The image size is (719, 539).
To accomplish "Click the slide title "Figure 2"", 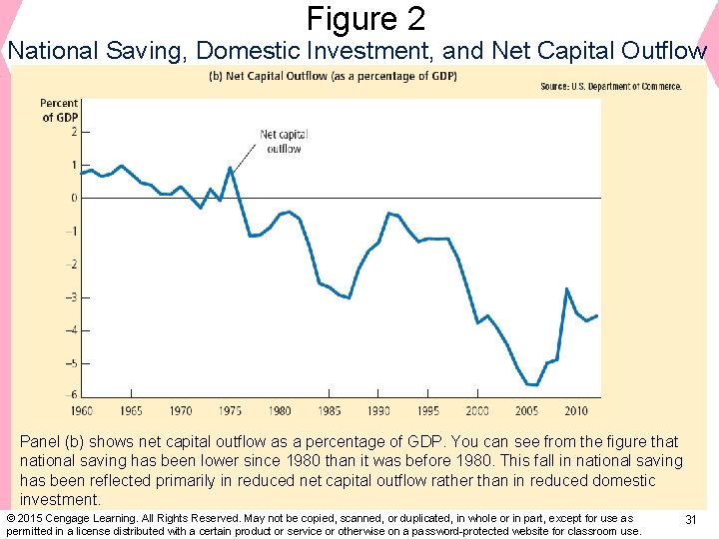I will pos(365,19).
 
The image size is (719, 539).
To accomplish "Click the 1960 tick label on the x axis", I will pos(82,410).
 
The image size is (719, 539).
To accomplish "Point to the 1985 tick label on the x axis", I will pos(330,410).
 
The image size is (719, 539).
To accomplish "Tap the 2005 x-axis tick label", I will pos(526,410).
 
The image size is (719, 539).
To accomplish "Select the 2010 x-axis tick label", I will pos(576,410).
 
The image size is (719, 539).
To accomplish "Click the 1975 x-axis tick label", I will pos(231,410).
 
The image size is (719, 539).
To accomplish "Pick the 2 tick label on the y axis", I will pos(74,132).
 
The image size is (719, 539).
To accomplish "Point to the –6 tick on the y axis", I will pos(72,395).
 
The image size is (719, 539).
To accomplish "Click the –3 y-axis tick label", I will pos(72,297).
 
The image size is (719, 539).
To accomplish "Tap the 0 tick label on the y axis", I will pos(74,198).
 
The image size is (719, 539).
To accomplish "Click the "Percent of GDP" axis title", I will pos(59,110).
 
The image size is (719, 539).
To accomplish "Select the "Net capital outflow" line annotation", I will pos(283,142).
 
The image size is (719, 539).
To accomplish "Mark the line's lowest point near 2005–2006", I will pos(532,384).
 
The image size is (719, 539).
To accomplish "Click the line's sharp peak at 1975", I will pos(231,168).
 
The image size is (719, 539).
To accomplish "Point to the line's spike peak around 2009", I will pos(567,289).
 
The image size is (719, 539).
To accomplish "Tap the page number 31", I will pos(690,520).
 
